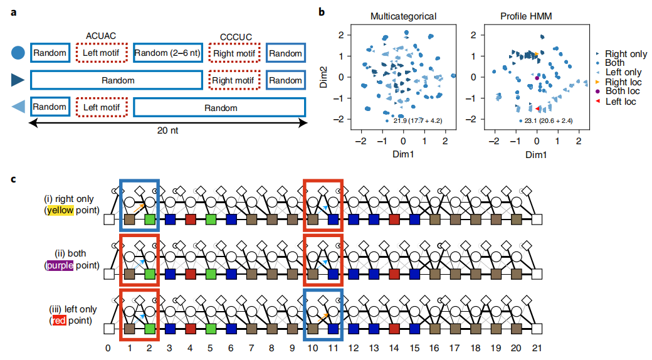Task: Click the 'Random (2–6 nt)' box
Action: point(167,53)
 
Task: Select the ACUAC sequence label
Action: point(102,36)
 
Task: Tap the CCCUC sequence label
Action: point(236,36)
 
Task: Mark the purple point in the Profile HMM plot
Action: point(537,78)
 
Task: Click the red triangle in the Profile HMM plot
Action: point(537,109)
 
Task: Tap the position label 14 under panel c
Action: point(394,347)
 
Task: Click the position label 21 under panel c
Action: point(536,347)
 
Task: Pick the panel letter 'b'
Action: point(322,11)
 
